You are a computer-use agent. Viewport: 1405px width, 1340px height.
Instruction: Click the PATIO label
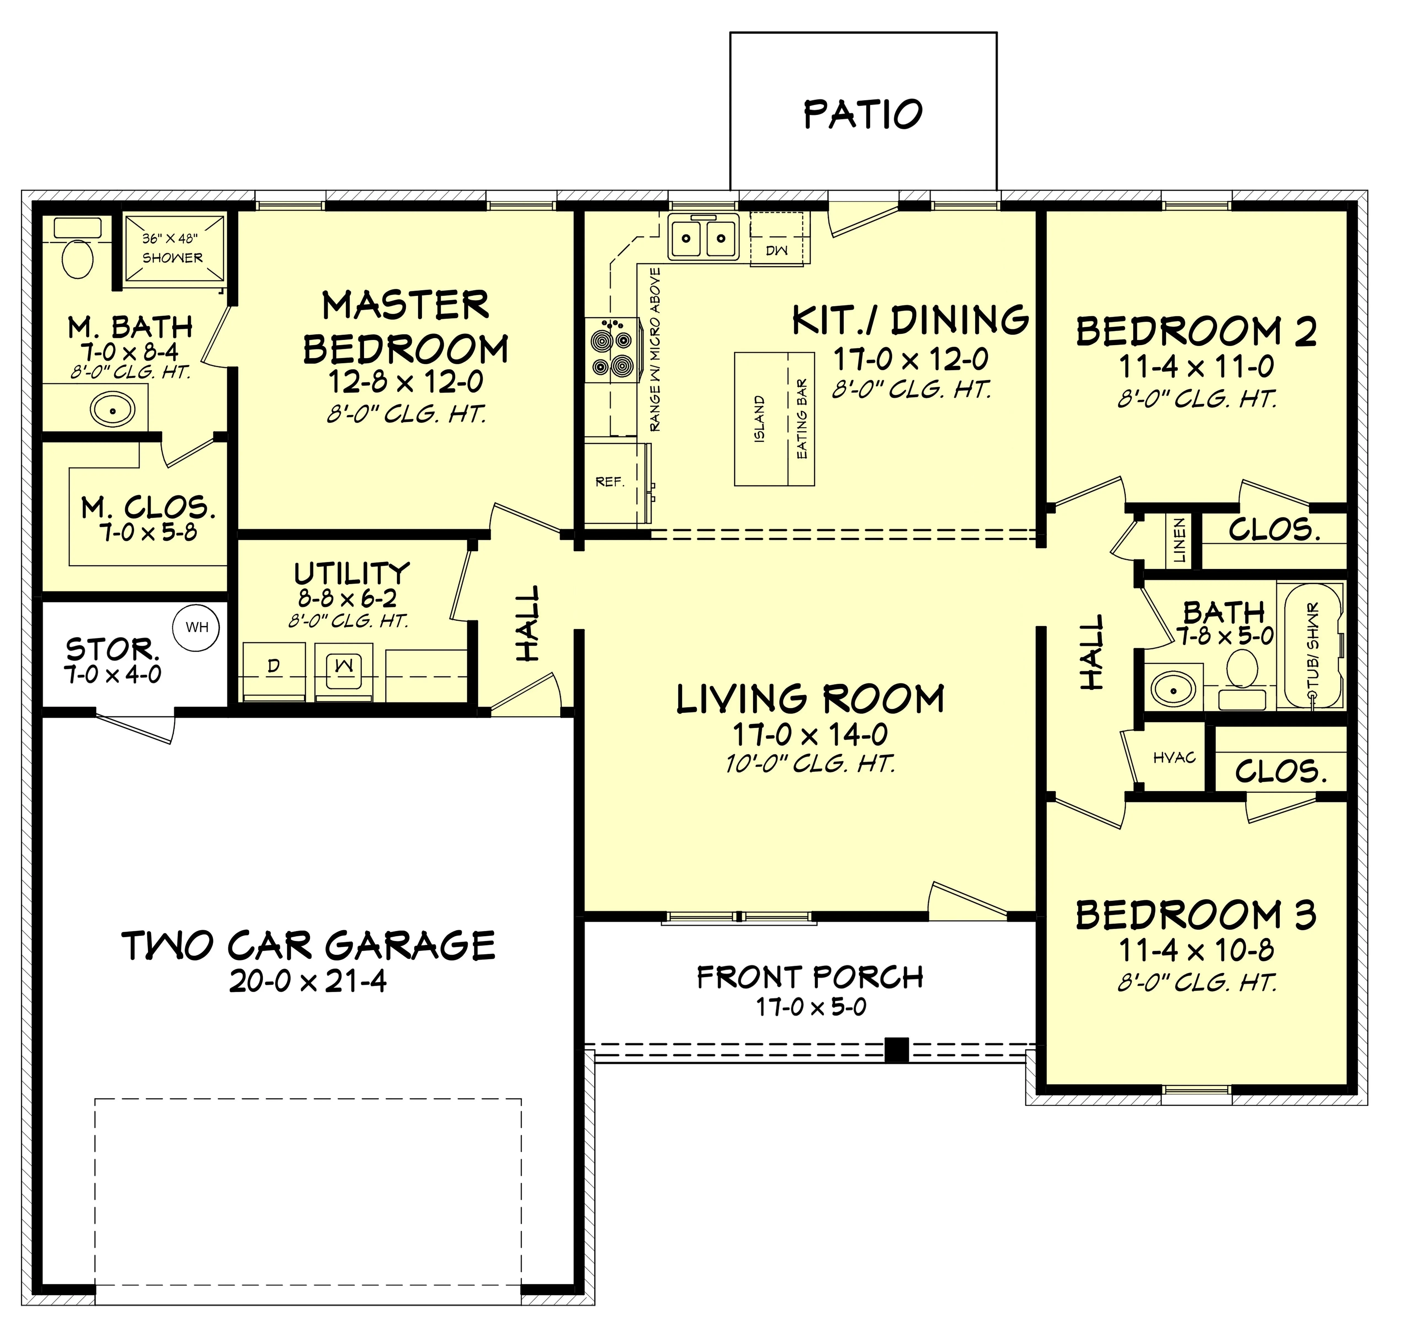(x=863, y=114)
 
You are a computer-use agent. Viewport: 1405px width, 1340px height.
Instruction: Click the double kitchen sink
(x=704, y=236)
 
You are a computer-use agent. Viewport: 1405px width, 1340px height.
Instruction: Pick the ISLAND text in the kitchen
(x=759, y=419)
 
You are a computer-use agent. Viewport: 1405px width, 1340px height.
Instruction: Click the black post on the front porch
(x=896, y=1049)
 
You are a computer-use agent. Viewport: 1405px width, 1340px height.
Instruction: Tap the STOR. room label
(x=113, y=650)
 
